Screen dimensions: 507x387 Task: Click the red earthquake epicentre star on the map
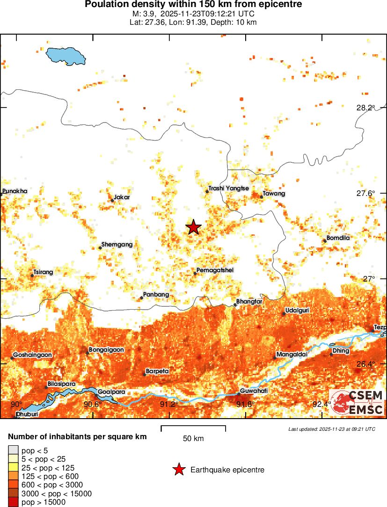(193, 227)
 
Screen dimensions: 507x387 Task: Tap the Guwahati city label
(254, 390)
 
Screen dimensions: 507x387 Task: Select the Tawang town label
(274, 193)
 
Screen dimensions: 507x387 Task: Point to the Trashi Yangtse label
(228, 188)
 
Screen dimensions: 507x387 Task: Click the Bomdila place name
(338, 238)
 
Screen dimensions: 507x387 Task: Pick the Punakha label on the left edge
(15, 191)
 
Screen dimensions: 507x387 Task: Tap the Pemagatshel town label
(215, 270)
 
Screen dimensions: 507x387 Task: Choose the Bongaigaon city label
(106, 349)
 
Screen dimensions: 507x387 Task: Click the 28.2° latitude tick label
(365, 108)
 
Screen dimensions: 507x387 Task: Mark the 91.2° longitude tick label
(168, 404)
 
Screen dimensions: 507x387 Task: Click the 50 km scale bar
(193, 428)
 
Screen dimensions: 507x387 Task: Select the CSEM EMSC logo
(357, 403)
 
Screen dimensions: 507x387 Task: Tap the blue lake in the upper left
(66, 56)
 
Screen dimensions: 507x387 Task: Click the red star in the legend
(178, 470)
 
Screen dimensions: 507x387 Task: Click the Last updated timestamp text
(331, 429)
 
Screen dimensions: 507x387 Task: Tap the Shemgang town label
(117, 245)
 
